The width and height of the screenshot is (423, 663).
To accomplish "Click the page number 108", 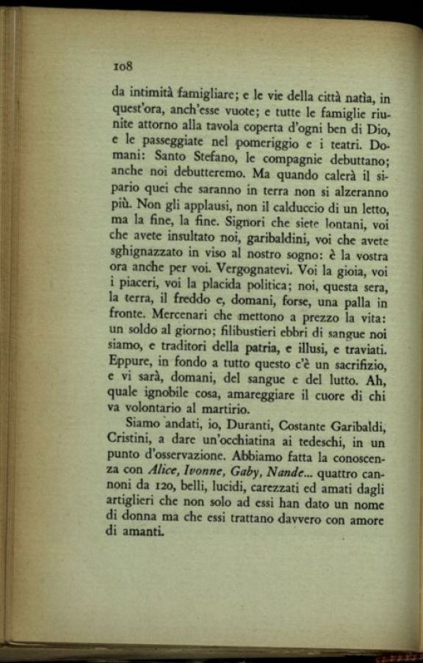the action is coord(122,65).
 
